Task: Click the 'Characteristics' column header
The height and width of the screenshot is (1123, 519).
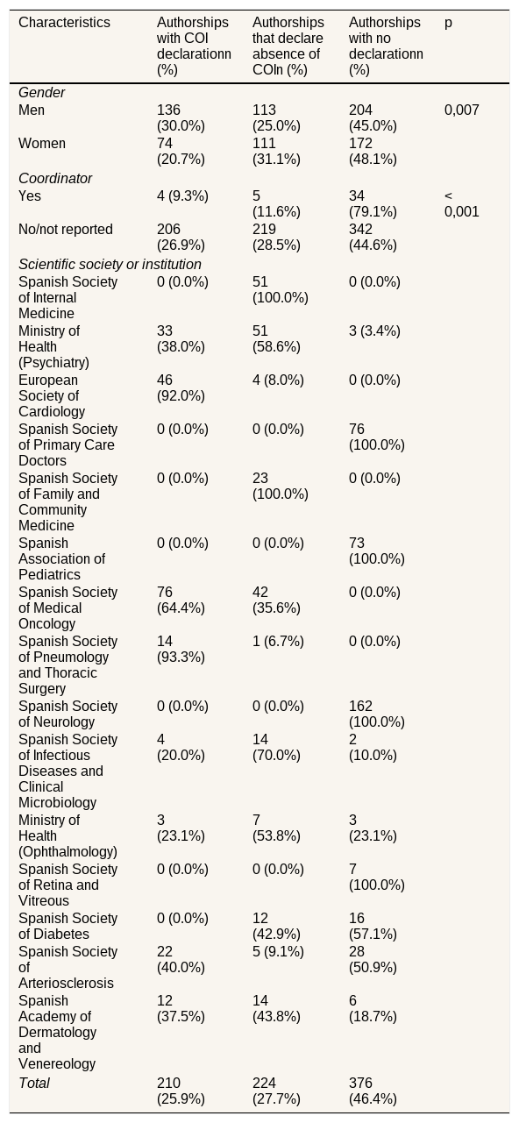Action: [64, 23]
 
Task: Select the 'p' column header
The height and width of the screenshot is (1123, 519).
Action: [448, 23]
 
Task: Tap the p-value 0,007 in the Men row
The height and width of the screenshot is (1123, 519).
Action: [462, 110]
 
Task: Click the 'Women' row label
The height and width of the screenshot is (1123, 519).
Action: [42, 144]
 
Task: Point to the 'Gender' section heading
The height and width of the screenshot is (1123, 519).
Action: [41, 93]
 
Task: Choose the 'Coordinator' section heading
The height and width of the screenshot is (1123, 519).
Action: [55, 179]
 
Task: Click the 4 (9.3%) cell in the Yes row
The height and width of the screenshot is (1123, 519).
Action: [182, 196]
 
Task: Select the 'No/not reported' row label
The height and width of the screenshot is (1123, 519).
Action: [66, 230]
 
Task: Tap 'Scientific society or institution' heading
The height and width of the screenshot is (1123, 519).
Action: [110, 264]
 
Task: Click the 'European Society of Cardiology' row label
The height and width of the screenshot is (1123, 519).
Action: [52, 395]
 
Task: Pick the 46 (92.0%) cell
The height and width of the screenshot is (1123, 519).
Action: [181, 388]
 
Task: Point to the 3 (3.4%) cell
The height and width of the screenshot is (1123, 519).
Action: [374, 331]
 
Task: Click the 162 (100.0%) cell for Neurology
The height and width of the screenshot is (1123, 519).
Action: [377, 714]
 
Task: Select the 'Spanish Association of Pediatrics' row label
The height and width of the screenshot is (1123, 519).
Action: [61, 558]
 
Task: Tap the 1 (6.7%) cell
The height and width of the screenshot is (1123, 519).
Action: [278, 641]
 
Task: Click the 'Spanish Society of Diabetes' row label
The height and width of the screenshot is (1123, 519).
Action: [68, 926]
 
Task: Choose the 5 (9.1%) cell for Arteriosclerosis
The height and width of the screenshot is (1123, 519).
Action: [278, 951]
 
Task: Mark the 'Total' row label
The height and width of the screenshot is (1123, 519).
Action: [34, 1083]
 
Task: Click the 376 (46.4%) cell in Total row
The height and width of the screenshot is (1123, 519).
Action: [373, 1091]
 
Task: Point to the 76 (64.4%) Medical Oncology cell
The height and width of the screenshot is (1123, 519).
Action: [181, 601]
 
